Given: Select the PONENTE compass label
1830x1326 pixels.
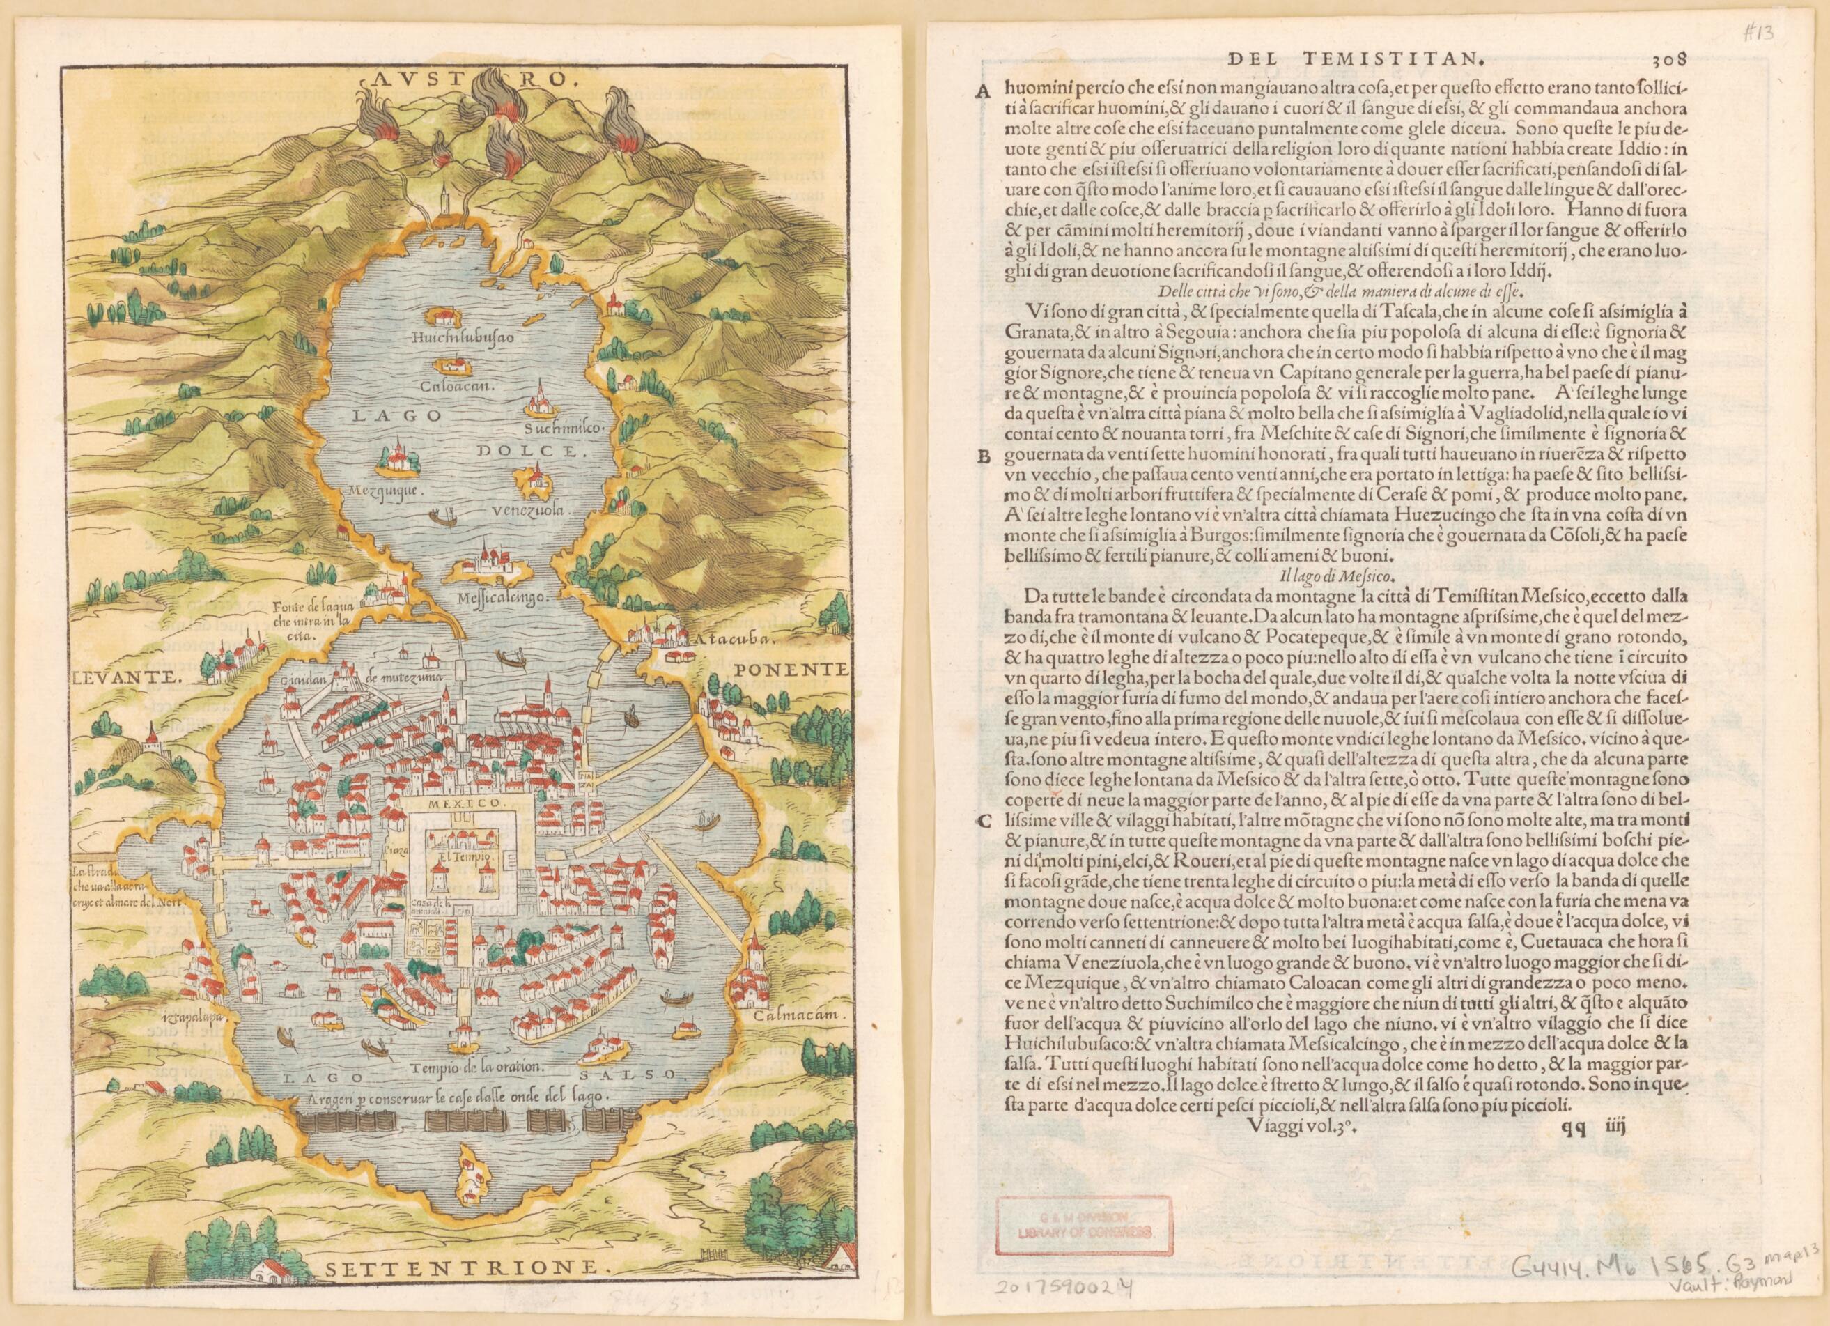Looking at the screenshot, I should (x=790, y=669).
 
